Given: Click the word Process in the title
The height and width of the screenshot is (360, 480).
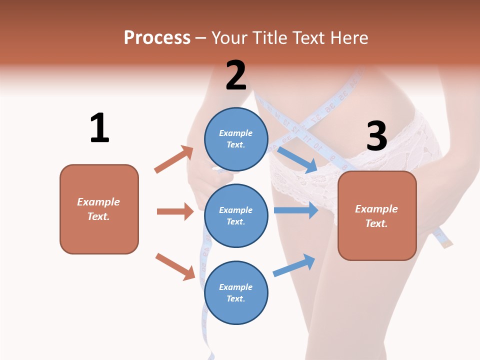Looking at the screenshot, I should pyautogui.click(x=157, y=38).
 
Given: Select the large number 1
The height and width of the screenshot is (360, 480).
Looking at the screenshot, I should pyautogui.click(x=99, y=128).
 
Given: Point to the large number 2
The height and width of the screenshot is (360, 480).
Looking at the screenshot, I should pyautogui.click(x=236, y=75).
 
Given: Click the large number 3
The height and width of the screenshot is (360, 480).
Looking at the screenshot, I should pyautogui.click(x=376, y=136).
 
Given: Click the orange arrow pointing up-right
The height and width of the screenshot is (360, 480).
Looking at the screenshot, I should pyautogui.click(x=174, y=159).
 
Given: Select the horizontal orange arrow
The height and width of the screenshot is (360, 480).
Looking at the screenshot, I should pyautogui.click(x=175, y=211).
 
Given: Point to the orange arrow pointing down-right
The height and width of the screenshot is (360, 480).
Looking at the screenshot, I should pyautogui.click(x=175, y=266).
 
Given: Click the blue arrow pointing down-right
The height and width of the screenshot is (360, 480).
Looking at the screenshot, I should pyautogui.click(x=297, y=159).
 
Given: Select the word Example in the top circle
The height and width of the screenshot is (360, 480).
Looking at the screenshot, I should pyautogui.click(x=235, y=133).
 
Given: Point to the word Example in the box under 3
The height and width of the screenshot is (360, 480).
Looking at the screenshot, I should pyautogui.click(x=376, y=209).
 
